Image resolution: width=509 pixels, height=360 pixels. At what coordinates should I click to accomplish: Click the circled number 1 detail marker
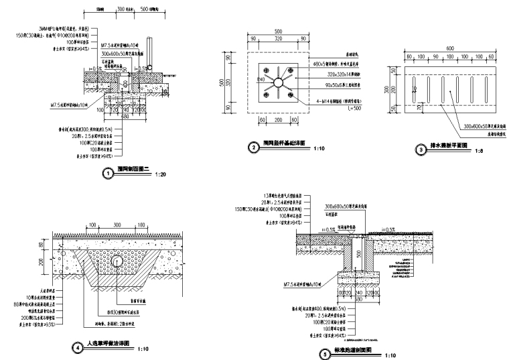(107, 173)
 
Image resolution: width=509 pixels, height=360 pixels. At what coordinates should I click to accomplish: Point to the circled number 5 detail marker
(325, 355)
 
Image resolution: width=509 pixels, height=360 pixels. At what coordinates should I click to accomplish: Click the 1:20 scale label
(159, 174)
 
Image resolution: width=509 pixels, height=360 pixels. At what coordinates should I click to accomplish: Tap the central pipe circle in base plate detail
(277, 82)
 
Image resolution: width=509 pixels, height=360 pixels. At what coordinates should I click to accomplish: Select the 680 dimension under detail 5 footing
(359, 298)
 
